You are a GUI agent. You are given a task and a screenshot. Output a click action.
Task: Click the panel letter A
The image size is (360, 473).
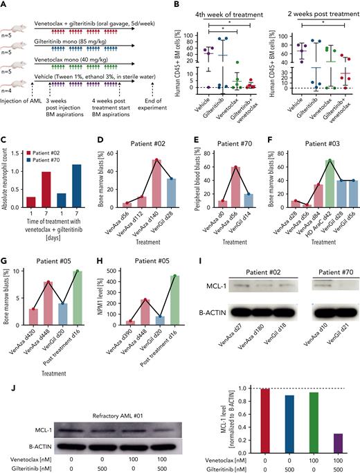[x=5, y=5]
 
